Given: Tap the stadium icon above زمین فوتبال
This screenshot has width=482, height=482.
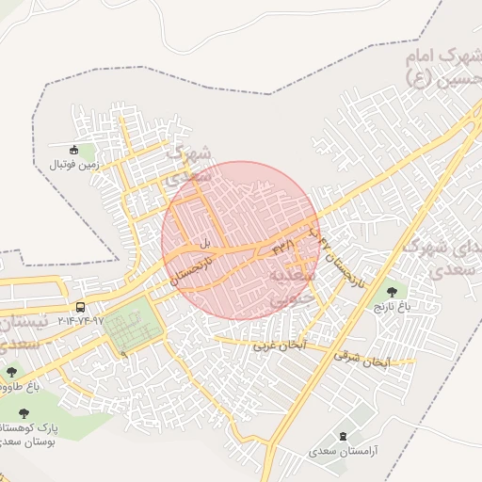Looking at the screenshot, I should coord(75,149).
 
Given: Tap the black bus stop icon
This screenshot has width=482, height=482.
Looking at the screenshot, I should coord(81,307).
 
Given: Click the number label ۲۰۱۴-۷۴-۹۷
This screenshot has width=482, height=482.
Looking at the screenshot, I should coord(81,321).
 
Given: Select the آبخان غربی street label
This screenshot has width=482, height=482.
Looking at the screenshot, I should coord(280,345).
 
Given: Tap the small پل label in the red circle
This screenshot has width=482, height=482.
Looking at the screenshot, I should coord(202,243).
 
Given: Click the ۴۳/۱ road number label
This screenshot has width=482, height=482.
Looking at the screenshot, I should coord(283,247).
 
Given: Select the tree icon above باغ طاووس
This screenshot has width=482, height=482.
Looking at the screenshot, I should coord(11,373).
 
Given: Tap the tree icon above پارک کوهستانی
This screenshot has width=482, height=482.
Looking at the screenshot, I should coord(24,412).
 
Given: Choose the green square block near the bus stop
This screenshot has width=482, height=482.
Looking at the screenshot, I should coord(132,328).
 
